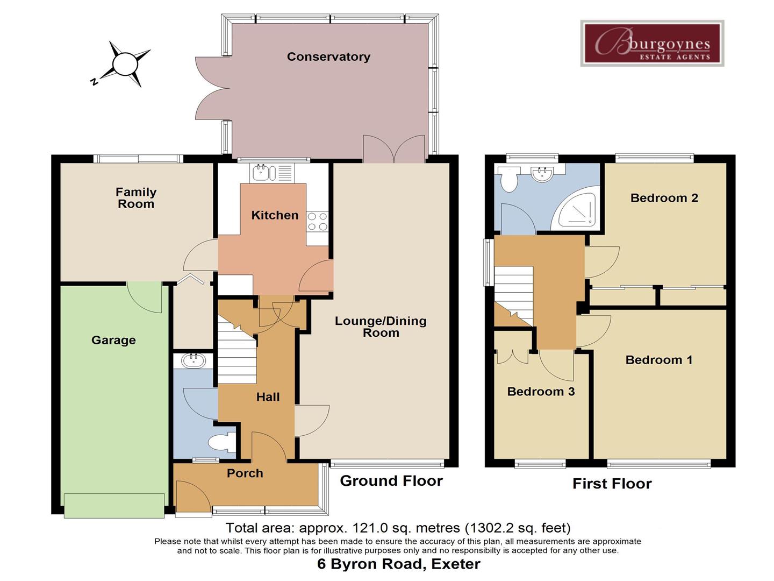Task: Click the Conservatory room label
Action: (x=328, y=56)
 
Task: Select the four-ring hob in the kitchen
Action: (x=317, y=221)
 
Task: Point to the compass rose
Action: (x=125, y=64)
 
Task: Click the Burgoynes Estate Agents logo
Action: (x=652, y=43)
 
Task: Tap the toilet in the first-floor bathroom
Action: (x=508, y=179)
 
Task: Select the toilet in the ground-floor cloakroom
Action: (x=221, y=442)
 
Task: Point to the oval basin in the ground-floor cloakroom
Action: (x=193, y=361)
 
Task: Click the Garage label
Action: (x=113, y=340)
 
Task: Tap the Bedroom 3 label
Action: (x=541, y=392)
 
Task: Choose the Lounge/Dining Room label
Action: (x=381, y=327)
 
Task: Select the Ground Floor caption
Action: (x=391, y=481)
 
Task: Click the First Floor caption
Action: (x=612, y=484)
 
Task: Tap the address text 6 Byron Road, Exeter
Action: (x=398, y=564)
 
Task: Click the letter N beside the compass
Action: (x=94, y=82)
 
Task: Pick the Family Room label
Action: (x=136, y=198)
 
